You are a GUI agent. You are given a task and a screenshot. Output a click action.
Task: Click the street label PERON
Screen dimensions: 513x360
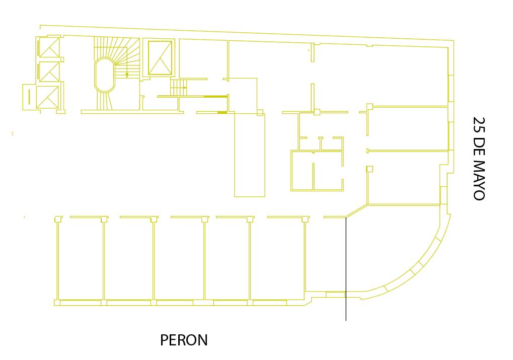click(184, 340)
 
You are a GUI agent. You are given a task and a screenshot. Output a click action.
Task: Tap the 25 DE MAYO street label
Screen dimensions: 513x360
click(479, 159)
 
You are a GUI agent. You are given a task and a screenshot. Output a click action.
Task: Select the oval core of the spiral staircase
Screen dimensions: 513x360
click(104, 75)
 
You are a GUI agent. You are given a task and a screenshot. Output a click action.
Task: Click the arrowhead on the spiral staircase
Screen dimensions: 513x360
click(127, 76)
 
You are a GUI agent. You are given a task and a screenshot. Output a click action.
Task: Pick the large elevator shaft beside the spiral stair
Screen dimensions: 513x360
click(160, 58)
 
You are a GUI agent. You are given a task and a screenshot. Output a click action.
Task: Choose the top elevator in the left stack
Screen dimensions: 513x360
click(49, 47)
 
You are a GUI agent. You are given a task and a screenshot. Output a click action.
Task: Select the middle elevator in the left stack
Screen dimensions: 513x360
click(49, 71)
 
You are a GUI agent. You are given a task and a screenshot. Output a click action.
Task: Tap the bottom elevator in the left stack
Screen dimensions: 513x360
click(47, 97)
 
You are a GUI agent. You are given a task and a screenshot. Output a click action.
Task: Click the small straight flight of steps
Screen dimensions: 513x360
click(178, 88)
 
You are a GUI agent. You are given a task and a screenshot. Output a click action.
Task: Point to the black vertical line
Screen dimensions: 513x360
click(346, 269)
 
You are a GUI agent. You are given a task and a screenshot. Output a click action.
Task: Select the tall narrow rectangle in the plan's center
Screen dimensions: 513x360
click(250, 154)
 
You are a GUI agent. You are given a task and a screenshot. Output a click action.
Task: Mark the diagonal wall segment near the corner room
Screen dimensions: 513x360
click(356, 211)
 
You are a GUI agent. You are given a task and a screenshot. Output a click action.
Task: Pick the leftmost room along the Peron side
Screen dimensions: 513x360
click(81, 259)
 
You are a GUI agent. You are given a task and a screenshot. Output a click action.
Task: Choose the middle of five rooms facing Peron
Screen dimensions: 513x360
click(179, 259)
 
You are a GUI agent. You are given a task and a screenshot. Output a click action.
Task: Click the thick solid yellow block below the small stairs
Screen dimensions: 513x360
click(222, 113)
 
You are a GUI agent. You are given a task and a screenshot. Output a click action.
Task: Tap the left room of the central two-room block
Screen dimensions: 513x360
click(302, 171)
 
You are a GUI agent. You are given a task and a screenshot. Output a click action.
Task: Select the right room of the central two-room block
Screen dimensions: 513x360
click(328, 171)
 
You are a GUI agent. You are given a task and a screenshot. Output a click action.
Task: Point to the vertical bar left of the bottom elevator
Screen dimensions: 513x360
click(29, 97)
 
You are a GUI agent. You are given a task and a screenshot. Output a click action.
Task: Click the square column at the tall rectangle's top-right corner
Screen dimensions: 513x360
click(260, 113)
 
